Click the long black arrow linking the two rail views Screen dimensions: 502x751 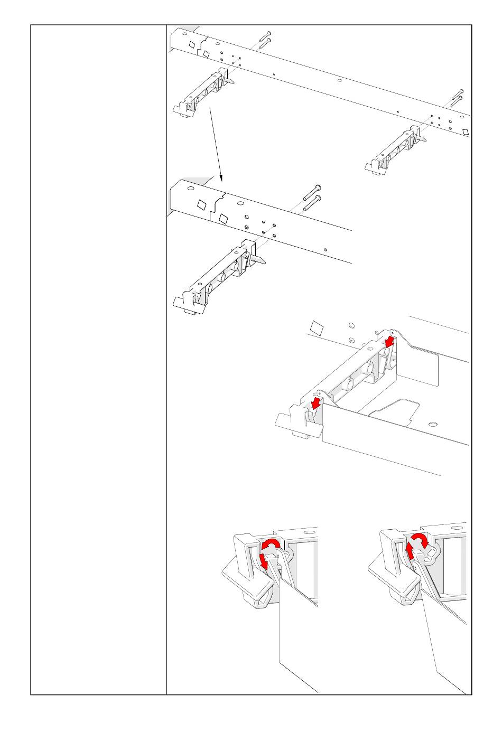pos(216,143)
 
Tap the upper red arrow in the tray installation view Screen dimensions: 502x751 pos(389,342)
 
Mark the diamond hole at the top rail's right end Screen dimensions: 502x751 pos(465,132)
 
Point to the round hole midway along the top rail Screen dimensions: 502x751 pos(339,80)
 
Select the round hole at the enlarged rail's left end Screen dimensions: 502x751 pos(190,188)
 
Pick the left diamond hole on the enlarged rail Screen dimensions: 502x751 pos(202,204)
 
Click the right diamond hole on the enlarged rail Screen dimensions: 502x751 pos(223,218)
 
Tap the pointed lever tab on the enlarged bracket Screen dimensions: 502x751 pos(258,260)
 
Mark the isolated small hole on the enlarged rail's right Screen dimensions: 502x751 pos(326,249)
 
